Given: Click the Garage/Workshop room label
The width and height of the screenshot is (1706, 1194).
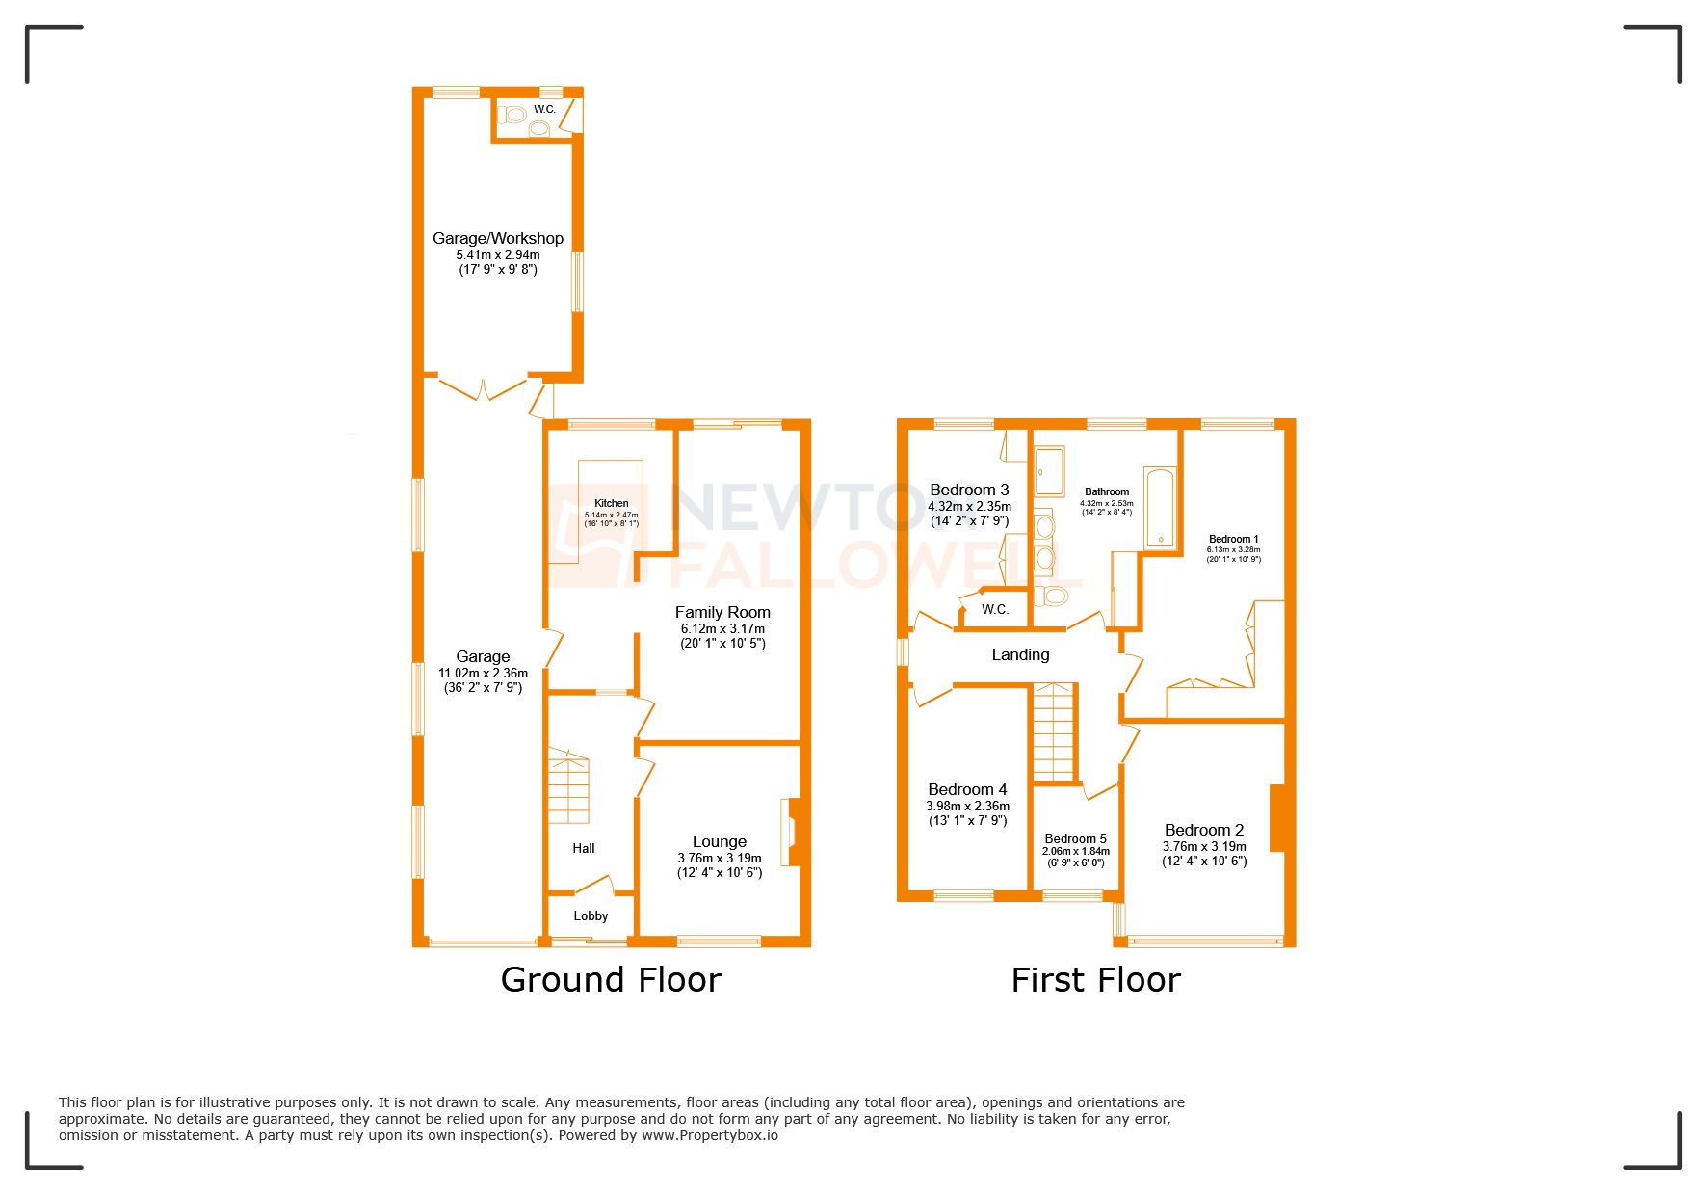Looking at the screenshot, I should (497, 238).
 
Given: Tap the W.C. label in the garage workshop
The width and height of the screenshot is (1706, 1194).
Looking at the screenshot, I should (544, 109).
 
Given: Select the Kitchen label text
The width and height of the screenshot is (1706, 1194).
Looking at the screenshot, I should (611, 503).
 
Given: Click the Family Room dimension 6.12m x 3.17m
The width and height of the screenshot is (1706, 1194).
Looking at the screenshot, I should (722, 628).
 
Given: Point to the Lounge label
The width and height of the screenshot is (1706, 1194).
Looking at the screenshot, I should (719, 841).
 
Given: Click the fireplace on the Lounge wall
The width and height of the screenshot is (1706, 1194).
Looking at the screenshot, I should (791, 832).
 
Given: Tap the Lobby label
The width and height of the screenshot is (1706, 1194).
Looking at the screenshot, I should (591, 915).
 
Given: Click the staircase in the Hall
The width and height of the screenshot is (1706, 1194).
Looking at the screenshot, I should (568, 786).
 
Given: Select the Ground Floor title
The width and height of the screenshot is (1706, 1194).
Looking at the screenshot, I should (611, 980).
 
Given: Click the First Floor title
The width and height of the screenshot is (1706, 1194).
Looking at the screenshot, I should (1095, 980).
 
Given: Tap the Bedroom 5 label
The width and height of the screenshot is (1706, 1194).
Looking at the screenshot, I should (1075, 838).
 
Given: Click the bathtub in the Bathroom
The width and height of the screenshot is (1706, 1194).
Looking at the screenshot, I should (1161, 508).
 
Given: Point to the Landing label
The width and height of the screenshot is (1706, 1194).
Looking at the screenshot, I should (1020, 654).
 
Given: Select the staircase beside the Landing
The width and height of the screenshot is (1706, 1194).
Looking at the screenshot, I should (1053, 732).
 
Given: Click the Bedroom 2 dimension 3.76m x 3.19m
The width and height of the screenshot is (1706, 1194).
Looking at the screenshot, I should (1203, 846).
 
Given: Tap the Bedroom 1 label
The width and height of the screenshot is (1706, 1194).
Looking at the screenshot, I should (1233, 539).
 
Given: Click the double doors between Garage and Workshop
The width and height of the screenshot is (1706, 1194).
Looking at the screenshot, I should (483, 388).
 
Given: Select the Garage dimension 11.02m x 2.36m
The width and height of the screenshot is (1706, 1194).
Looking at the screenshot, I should (483, 673).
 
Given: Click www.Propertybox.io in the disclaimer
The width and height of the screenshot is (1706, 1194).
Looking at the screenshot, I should (709, 1135).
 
